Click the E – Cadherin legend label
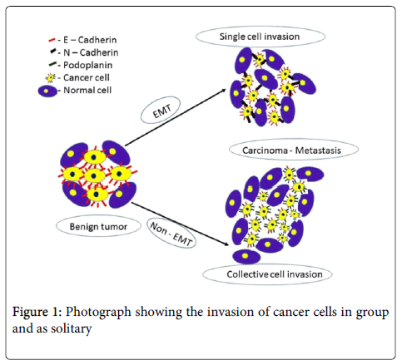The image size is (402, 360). (90, 40)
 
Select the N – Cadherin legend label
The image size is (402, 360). (91, 52)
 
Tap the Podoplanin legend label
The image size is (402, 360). (87, 65)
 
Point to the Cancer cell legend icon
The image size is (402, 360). (51, 78)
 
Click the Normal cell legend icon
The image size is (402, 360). (47, 91)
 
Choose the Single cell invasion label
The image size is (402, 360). (260, 37)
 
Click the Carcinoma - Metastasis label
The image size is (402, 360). (291, 150)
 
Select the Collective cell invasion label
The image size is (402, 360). (275, 274)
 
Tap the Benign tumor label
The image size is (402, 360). (98, 227)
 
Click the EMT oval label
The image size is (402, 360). (161, 111)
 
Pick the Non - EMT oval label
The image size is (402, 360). (171, 233)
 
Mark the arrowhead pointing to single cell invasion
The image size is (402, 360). (223, 91)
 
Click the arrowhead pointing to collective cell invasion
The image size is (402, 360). (226, 244)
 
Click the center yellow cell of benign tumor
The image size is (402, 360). (94, 175)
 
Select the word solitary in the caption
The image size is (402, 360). (72, 329)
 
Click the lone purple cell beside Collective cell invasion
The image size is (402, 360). (246, 256)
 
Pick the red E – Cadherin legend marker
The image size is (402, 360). (52, 41)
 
